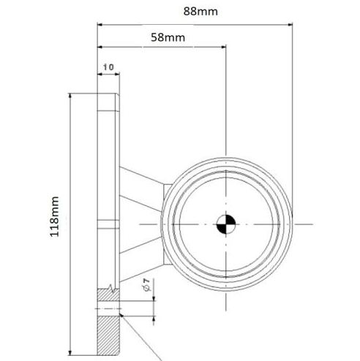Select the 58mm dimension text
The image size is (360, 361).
point(162,37)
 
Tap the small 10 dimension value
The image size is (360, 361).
point(108,66)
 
